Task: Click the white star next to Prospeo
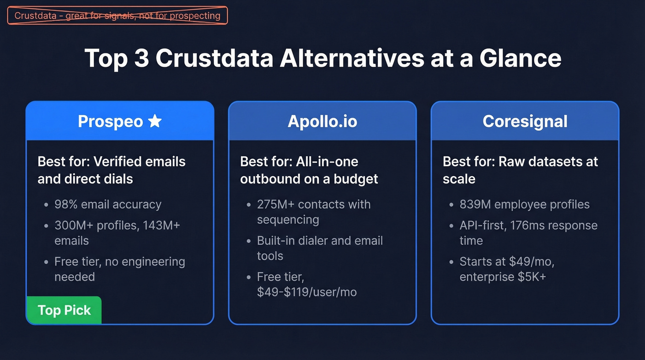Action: click(155, 121)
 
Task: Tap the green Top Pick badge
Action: click(64, 310)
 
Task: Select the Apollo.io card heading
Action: click(322, 121)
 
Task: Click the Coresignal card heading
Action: click(525, 121)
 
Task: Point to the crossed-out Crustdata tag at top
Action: click(117, 16)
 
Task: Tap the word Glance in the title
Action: click(520, 59)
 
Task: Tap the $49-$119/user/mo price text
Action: click(307, 292)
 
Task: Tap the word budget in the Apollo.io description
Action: click(357, 179)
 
